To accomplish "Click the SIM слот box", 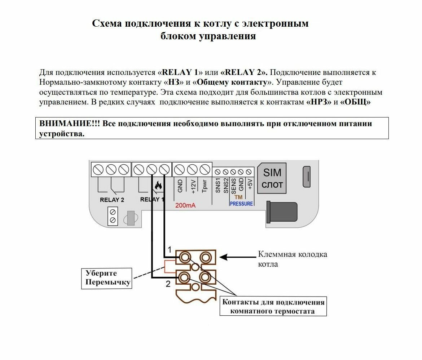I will pos(272,178).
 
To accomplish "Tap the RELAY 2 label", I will pos(112,200).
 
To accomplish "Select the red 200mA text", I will pos(185,206).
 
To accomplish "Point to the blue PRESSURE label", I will pos(241,204).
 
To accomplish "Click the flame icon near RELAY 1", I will pos(158,186).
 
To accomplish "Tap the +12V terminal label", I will pos(193,186).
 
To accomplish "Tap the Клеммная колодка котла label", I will pos(293,259).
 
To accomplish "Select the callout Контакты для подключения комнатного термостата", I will pos(273,306).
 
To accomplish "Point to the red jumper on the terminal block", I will pos(170,267).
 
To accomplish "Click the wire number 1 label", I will pos(169,250).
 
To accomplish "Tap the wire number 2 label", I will pos(168,284).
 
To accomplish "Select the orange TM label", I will pos(238,197).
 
